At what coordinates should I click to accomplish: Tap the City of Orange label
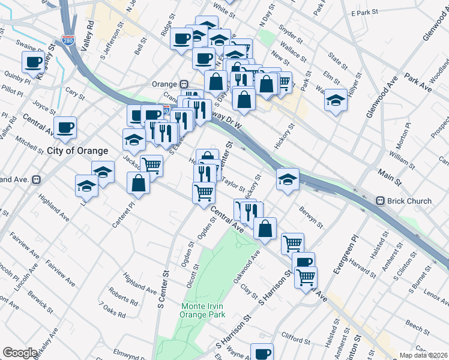click(78, 151)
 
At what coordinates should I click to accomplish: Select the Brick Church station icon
click(380, 200)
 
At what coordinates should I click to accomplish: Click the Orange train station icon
click(185, 84)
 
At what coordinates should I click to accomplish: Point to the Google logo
click(20, 353)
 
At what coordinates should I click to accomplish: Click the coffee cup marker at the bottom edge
click(262, 353)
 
